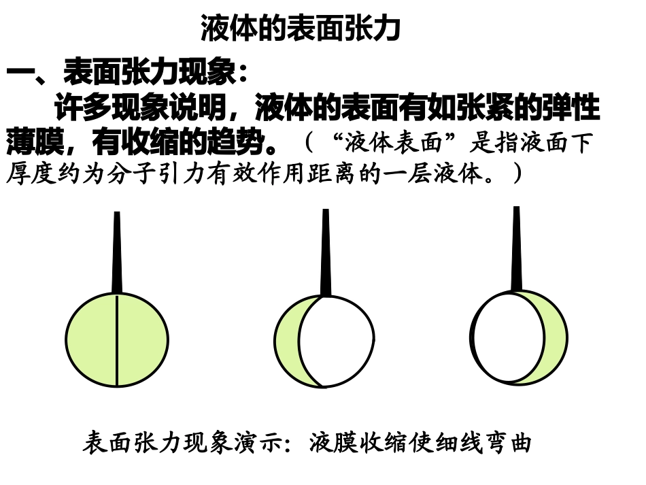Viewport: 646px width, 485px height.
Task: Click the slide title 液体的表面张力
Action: (301, 29)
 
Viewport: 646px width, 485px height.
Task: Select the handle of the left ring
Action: (117, 252)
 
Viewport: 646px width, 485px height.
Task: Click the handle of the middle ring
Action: (326, 252)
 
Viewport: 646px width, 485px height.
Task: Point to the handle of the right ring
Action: (516, 248)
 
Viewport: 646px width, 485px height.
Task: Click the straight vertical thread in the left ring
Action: (117, 340)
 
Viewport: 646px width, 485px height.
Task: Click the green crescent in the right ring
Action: (554, 337)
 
